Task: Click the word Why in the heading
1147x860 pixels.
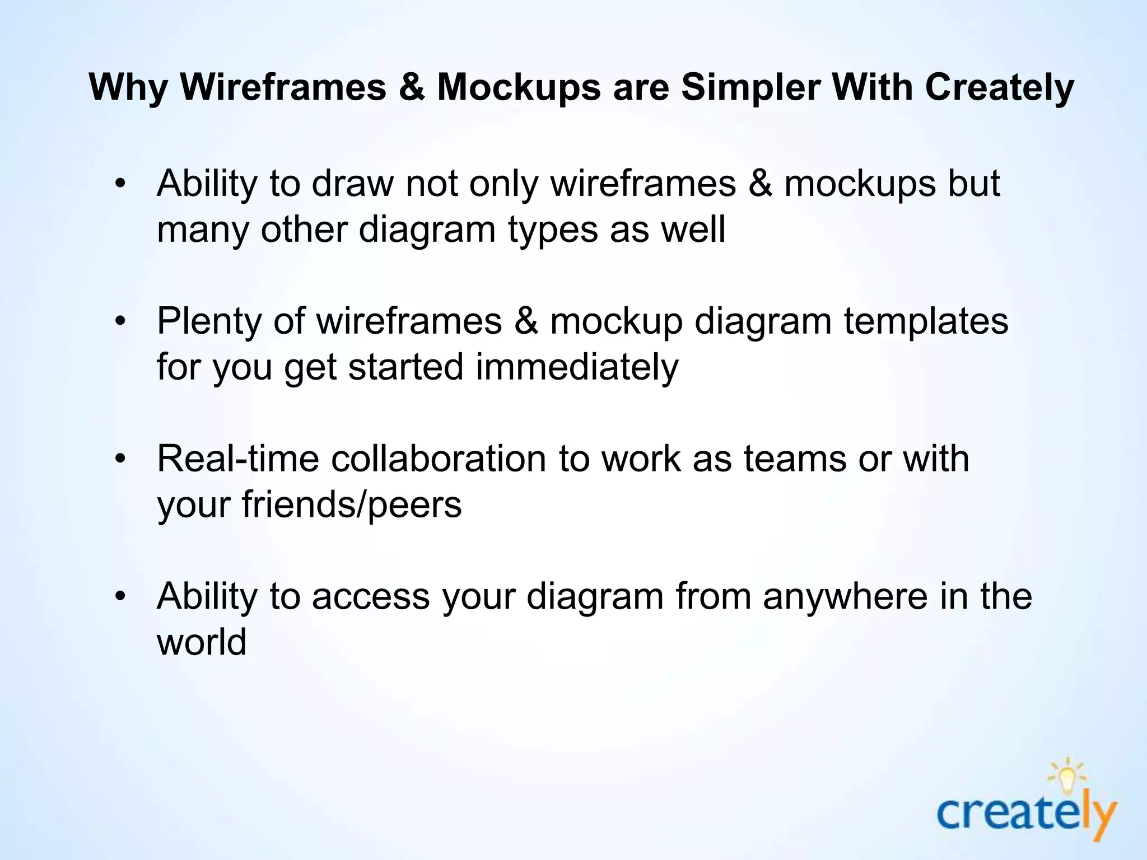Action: tap(128, 88)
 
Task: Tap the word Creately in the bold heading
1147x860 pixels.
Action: tap(999, 87)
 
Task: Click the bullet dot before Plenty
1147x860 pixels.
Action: tap(120, 322)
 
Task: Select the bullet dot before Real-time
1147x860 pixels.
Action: tap(120, 460)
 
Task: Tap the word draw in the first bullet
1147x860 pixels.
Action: tap(353, 183)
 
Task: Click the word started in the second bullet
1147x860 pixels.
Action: tap(406, 367)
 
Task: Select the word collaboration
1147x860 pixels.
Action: tap(438, 459)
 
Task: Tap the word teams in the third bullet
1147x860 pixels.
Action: tap(795, 459)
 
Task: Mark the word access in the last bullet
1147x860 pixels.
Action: tap(371, 596)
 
